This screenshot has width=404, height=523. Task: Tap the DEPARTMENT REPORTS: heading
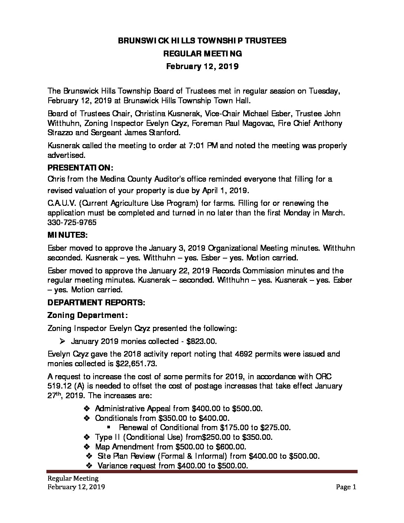click(x=96, y=302)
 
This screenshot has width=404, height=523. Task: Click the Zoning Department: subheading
click(x=88, y=315)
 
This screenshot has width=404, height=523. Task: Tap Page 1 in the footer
click(x=346, y=487)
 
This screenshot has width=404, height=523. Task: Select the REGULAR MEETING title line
click(x=202, y=53)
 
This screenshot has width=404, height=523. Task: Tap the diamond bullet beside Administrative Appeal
click(x=87, y=408)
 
